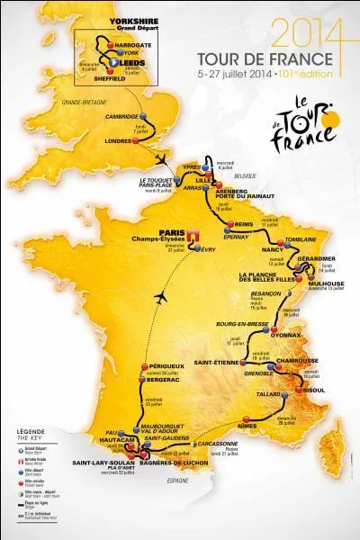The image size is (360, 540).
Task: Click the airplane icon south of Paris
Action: point(162,296)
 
